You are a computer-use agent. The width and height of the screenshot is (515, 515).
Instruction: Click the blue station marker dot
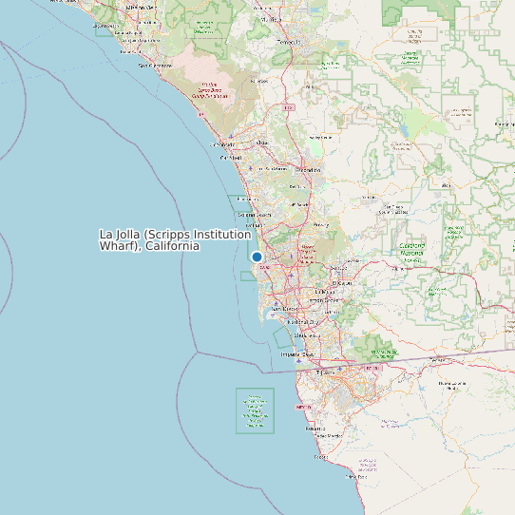(x=257, y=257)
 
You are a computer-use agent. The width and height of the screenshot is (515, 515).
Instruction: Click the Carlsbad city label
(x=232, y=158)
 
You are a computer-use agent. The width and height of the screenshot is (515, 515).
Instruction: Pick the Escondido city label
(x=307, y=169)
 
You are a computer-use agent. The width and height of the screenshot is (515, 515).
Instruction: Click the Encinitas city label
(x=247, y=200)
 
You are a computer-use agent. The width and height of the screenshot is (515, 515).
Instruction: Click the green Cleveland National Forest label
(x=411, y=249)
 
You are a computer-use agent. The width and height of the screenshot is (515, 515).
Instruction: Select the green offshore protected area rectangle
(x=255, y=410)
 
